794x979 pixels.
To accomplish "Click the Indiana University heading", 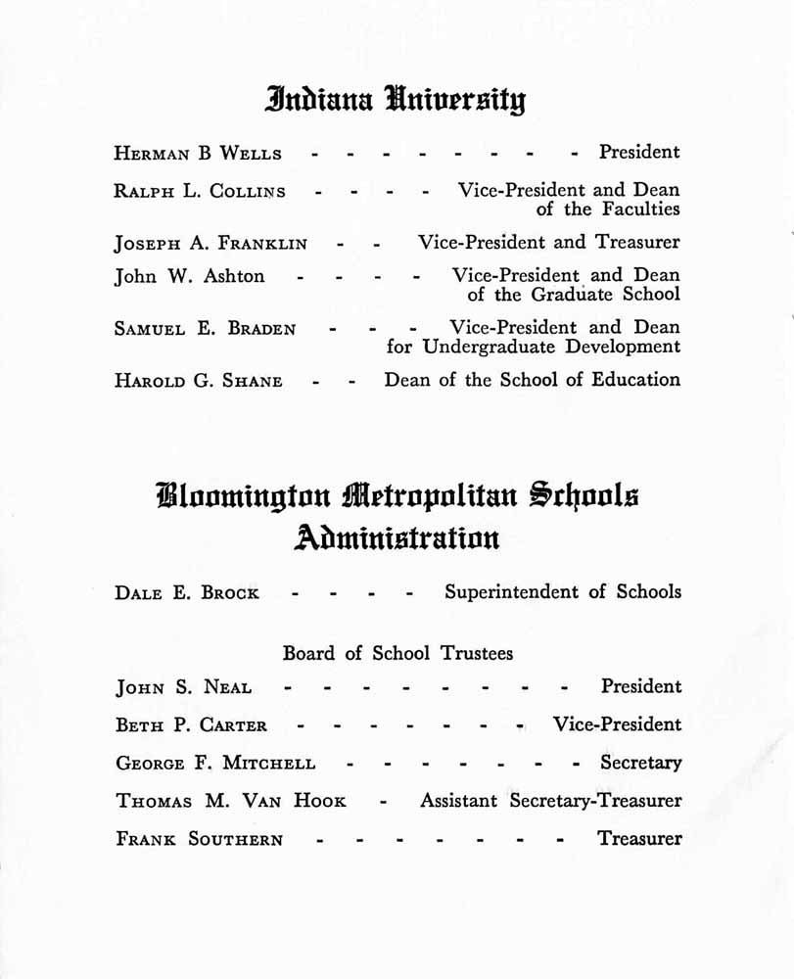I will tap(396, 99).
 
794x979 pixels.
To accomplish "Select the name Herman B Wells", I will tap(198, 153).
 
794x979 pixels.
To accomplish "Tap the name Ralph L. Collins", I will tap(200, 191).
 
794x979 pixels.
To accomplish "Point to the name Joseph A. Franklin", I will tap(210, 243).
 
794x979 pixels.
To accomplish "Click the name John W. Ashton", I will tap(189, 277).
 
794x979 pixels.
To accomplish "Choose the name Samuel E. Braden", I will tap(205, 329).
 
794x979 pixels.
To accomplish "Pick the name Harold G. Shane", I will tap(199, 381).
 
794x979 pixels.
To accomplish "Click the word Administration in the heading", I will tap(397, 537).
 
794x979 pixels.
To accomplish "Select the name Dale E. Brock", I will tap(187, 593).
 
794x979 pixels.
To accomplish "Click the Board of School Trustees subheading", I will tap(397, 653).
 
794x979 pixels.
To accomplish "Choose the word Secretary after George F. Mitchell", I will tap(641, 763).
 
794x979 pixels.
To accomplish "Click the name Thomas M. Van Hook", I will tap(231, 801).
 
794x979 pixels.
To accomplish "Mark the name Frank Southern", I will tap(200, 839).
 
